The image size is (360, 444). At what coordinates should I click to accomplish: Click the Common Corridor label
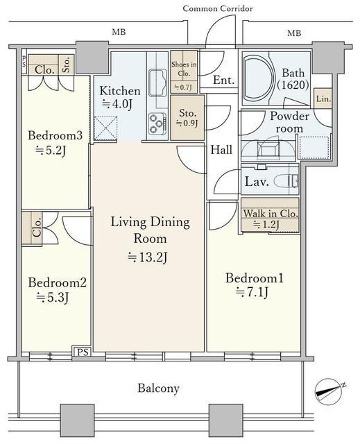(218, 9)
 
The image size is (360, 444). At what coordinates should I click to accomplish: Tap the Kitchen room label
(120, 91)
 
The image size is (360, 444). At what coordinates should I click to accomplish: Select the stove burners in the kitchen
(157, 123)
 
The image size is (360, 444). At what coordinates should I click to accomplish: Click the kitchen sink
(157, 81)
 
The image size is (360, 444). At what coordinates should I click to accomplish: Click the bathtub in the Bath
(259, 80)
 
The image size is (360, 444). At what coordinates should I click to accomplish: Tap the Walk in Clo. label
(271, 213)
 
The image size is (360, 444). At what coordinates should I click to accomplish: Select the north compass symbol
(329, 391)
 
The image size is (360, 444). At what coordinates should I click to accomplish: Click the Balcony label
(158, 388)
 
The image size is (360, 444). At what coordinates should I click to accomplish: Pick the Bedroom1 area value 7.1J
(252, 292)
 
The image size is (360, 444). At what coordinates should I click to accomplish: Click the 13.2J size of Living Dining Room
(147, 257)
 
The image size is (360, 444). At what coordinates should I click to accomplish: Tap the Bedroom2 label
(57, 283)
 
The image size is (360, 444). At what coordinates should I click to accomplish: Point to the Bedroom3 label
(55, 135)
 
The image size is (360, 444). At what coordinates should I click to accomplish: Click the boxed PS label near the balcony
(83, 352)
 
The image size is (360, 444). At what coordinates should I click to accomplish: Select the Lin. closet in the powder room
(323, 99)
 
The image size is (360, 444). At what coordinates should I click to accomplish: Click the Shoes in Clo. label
(184, 69)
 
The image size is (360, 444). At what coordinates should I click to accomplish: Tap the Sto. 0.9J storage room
(187, 117)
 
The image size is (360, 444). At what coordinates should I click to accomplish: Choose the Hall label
(221, 150)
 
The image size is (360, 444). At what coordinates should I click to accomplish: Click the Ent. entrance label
(223, 80)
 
